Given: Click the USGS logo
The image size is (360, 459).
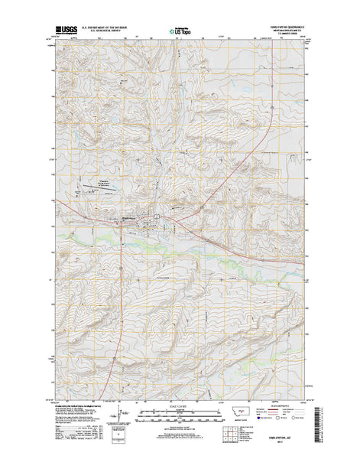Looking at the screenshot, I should (64, 33).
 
